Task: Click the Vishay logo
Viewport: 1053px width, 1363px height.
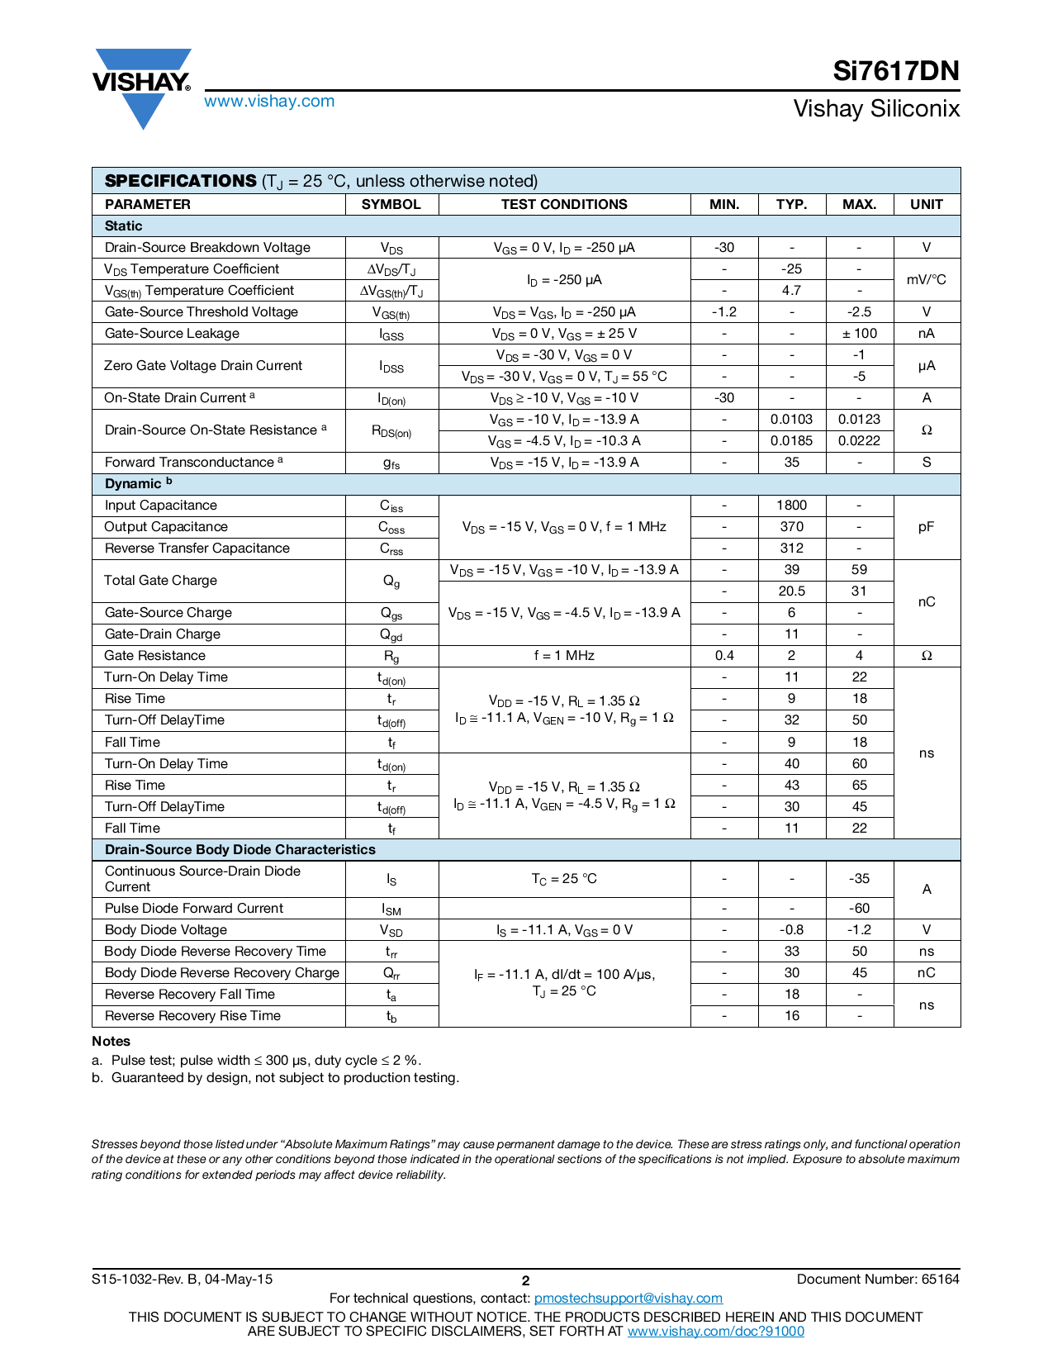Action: click(x=142, y=87)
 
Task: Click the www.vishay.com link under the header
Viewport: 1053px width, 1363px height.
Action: click(x=269, y=102)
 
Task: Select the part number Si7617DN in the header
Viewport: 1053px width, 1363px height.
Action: click(x=895, y=72)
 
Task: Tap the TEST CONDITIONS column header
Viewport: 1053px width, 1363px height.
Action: click(x=564, y=205)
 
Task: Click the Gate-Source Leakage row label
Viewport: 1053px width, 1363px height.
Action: click(x=172, y=334)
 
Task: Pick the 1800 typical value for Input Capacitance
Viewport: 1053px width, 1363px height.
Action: click(x=791, y=506)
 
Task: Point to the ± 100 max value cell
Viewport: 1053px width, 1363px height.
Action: click(x=859, y=334)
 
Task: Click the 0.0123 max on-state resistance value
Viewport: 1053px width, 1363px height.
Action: click(x=859, y=420)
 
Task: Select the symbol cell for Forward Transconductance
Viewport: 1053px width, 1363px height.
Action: click(x=391, y=463)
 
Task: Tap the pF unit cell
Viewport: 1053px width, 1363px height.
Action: click(x=926, y=527)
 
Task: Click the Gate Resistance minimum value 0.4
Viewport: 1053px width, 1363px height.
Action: click(x=724, y=656)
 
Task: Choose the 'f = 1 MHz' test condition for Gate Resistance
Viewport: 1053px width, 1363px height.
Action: click(x=564, y=656)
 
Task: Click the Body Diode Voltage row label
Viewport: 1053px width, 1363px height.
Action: click(x=166, y=930)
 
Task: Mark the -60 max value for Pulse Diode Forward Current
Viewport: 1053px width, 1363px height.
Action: click(x=859, y=909)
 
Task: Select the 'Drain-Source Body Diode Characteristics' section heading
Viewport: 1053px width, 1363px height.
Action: click(x=240, y=850)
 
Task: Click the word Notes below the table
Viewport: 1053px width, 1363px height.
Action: click(x=111, y=1042)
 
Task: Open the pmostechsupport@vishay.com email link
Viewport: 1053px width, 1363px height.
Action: click(x=628, y=1299)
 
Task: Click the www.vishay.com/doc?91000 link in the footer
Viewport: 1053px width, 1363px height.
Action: click(x=715, y=1332)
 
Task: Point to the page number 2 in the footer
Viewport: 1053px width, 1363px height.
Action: click(x=525, y=1281)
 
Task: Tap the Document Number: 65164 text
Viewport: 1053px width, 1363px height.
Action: click(x=878, y=1280)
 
